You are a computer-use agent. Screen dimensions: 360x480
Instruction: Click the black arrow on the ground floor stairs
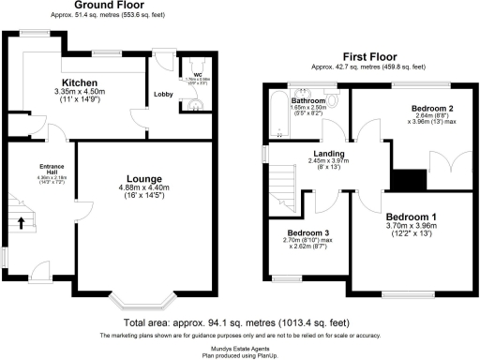coord(22,223)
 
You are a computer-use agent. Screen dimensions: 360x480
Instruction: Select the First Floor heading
coord(367,57)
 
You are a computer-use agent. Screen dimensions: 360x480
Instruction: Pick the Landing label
coord(328,152)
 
